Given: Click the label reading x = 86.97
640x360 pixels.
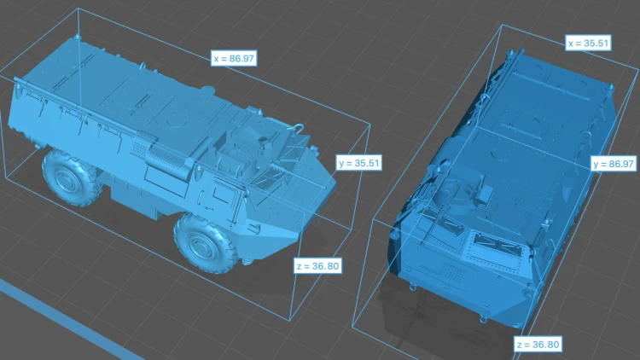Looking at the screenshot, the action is (x=234, y=58).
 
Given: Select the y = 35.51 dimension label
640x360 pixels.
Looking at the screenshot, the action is (x=359, y=163).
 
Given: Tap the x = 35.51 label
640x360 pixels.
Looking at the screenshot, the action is (x=588, y=43).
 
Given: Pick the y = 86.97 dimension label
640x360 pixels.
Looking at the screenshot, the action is (x=614, y=164).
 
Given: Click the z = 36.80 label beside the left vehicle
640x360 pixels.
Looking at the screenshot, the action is (x=317, y=266).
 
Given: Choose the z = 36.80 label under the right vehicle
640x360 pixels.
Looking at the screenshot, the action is (x=538, y=345).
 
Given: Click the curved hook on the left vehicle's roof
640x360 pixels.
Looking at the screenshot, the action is (x=299, y=129).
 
